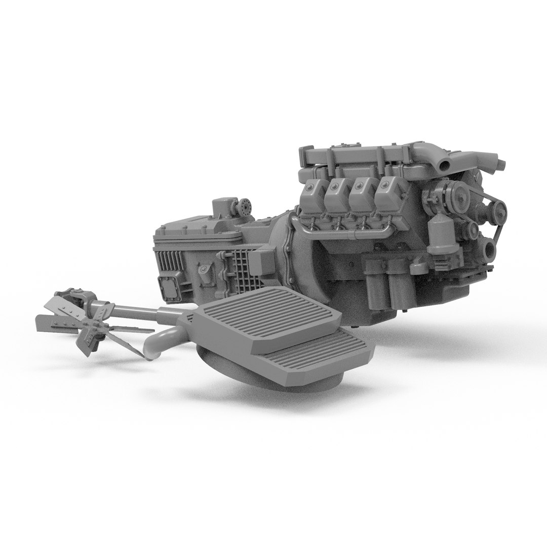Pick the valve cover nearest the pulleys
[x=387, y=194]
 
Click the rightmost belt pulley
[x=499, y=208]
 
